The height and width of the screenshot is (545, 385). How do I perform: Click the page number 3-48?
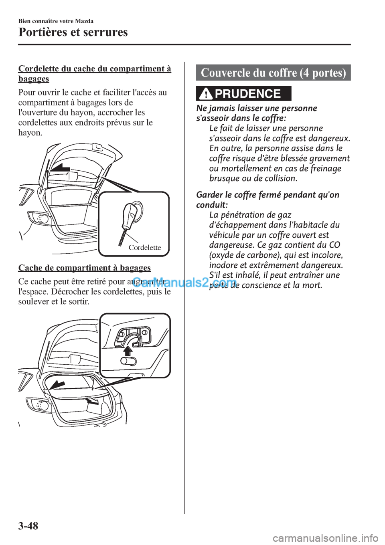28,527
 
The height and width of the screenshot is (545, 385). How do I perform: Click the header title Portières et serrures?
73,32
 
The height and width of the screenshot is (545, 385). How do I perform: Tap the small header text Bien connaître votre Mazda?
56,21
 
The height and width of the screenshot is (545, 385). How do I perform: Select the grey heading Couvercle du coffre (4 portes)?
273,73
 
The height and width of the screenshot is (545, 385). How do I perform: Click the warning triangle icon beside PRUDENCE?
207,94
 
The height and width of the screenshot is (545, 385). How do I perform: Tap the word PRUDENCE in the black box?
247,94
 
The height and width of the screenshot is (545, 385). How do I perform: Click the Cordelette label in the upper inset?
145,248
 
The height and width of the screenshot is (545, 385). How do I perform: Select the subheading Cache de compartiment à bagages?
85,268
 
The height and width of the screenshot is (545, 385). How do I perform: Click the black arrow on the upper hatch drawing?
60,168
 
